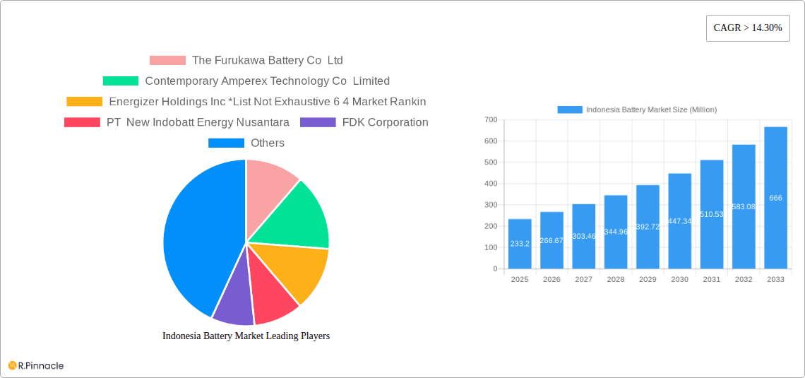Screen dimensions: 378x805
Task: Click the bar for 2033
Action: click(x=775, y=198)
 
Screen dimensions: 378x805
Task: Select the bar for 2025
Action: click(x=520, y=244)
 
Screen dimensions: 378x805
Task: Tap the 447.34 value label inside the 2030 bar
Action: click(x=679, y=221)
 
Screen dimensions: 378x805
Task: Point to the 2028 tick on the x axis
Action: click(x=616, y=280)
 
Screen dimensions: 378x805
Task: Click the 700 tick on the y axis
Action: click(x=491, y=120)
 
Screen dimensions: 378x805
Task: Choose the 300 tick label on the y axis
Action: click(x=491, y=205)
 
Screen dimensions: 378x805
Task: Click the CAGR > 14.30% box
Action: click(x=748, y=28)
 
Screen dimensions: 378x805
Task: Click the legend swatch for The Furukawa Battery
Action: click(x=167, y=61)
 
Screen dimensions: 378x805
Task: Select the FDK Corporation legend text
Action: click(x=385, y=122)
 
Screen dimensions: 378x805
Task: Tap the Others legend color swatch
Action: click(x=226, y=143)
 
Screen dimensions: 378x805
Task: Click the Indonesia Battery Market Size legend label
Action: click(x=651, y=110)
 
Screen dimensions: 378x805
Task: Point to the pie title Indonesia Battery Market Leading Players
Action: click(x=246, y=336)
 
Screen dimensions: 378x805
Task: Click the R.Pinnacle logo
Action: click(x=36, y=365)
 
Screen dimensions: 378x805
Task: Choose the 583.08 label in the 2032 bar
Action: click(x=744, y=206)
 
